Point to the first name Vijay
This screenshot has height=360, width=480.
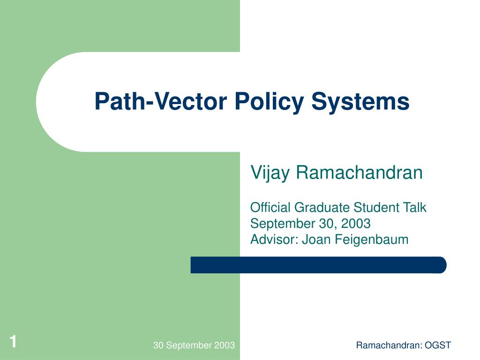click(270, 173)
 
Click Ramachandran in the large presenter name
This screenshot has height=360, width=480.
click(359, 172)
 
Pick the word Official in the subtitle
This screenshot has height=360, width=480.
click(270, 208)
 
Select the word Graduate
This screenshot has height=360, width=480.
click(322, 208)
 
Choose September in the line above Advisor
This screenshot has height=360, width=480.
click(283, 224)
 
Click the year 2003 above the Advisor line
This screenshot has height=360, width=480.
click(356, 224)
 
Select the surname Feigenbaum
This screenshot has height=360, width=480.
click(371, 240)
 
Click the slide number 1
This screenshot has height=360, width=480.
click(13, 342)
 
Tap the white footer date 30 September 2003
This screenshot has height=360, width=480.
click(194, 345)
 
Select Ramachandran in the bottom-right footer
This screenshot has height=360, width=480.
click(389, 345)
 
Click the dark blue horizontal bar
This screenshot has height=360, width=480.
click(318, 265)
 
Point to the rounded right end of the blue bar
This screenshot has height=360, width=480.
click(446, 265)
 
